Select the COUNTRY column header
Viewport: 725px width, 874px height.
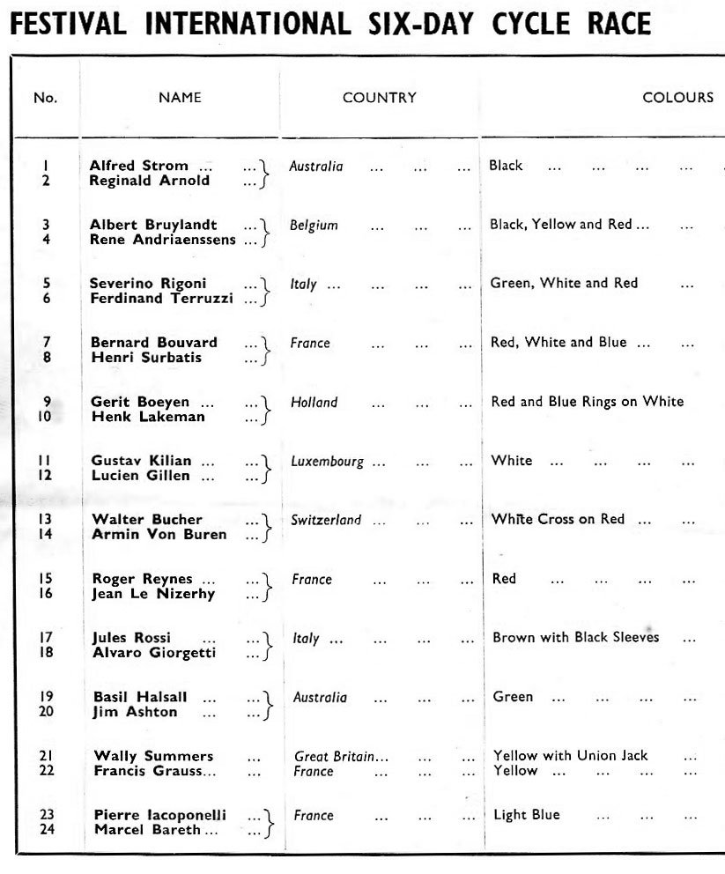tap(379, 98)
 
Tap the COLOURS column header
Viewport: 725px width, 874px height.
tap(677, 98)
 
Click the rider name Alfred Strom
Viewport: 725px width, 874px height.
tap(138, 166)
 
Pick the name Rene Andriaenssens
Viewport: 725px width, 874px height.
tap(163, 240)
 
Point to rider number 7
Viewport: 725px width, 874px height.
tap(47, 343)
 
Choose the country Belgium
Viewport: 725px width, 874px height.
tap(314, 225)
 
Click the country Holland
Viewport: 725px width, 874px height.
tap(314, 402)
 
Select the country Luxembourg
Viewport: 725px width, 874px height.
tap(328, 461)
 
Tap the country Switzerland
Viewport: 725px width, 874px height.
tap(326, 520)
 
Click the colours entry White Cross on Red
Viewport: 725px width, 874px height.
tap(559, 519)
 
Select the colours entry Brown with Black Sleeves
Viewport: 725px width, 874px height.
tap(575, 637)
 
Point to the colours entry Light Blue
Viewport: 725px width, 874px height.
tap(527, 815)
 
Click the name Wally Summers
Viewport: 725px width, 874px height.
tap(153, 756)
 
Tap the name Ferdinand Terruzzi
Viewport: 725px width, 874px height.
tap(162, 299)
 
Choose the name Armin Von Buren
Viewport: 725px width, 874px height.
tap(159, 534)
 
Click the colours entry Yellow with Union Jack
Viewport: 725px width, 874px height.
tap(570, 755)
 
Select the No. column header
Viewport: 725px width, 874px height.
tap(45, 98)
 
